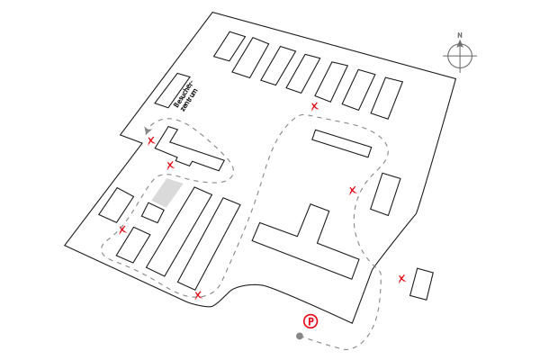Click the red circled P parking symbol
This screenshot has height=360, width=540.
click(x=310, y=320)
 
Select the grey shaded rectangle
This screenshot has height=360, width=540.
click(x=166, y=192)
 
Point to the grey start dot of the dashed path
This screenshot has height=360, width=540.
click(x=300, y=337)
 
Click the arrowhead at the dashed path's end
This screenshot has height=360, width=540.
click(x=147, y=131)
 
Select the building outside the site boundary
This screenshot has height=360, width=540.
click(x=422, y=283)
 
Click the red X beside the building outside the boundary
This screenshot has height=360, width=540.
click(x=402, y=278)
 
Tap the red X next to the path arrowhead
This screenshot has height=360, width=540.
click(x=151, y=140)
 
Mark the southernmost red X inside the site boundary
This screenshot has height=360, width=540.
click(x=198, y=294)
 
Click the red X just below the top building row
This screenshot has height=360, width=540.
click(x=314, y=107)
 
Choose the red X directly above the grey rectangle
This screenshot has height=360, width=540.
click(x=170, y=165)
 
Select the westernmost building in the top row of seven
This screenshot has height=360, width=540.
click(x=229, y=46)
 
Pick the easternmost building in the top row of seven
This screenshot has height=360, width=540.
click(x=388, y=97)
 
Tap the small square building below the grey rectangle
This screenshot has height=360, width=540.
click(x=153, y=213)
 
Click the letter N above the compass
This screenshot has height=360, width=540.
click(x=460, y=36)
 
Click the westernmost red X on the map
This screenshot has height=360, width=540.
click(x=122, y=229)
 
